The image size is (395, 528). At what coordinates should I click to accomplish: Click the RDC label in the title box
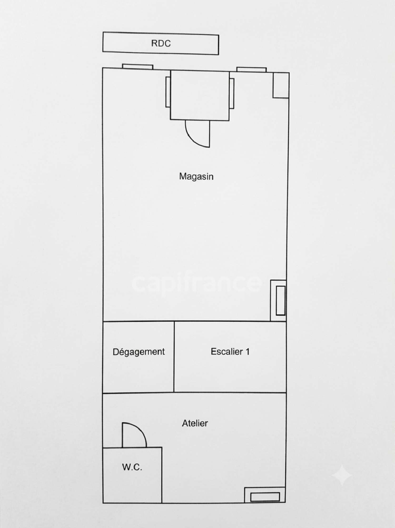(161, 43)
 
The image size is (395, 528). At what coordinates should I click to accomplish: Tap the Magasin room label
(196, 176)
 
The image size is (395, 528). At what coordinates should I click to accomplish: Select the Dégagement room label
(139, 352)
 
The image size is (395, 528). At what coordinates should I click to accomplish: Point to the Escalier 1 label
(230, 352)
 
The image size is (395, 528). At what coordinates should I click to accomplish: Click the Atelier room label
(195, 423)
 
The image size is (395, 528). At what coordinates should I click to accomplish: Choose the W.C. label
(132, 467)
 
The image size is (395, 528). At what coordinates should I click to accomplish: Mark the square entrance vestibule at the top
(200, 95)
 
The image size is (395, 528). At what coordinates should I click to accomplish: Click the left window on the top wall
(137, 67)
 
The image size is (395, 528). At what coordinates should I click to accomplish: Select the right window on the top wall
(251, 69)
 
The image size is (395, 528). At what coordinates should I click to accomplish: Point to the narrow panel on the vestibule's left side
(168, 92)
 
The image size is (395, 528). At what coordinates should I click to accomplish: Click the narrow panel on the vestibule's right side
(232, 93)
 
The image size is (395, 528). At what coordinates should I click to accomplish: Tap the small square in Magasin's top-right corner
(281, 85)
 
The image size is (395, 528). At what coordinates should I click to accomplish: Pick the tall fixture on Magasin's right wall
(278, 301)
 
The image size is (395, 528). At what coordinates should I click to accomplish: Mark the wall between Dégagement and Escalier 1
(174, 357)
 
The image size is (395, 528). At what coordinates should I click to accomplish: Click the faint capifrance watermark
(196, 283)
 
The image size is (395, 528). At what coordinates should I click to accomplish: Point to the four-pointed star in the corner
(342, 475)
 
